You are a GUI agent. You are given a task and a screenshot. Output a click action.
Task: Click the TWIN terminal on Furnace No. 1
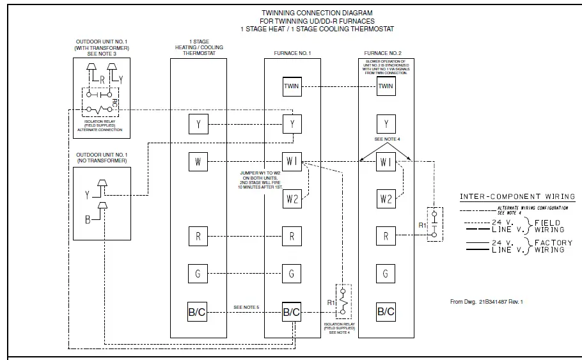click(292, 86)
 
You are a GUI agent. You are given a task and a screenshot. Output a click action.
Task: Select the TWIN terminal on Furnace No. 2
click(386, 86)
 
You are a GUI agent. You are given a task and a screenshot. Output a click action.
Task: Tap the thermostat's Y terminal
click(198, 124)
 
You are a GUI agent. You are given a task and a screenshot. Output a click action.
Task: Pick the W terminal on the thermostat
click(198, 162)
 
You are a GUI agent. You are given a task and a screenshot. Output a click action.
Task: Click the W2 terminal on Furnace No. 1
click(292, 199)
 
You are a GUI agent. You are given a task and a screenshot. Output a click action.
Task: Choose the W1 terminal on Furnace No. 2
click(386, 162)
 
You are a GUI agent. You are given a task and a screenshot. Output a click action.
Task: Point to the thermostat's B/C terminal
click(198, 311)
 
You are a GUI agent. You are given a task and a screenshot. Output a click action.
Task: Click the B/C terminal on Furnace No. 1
click(292, 311)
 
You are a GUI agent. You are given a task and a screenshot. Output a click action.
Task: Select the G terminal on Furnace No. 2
click(386, 274)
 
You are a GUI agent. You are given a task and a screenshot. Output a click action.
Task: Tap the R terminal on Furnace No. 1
click(292, 236)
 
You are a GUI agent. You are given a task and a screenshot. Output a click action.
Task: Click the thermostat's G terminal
click(198, 274)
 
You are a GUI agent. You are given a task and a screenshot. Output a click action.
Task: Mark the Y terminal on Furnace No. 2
click(386, 124)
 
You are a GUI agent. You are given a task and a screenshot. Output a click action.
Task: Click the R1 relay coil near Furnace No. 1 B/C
click(344, 300)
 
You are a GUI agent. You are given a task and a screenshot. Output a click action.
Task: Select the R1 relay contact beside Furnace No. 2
click(434, 223)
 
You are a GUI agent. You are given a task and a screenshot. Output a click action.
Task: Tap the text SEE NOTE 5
click(247, 308)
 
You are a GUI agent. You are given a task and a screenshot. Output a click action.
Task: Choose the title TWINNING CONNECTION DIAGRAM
click(317, 12)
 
